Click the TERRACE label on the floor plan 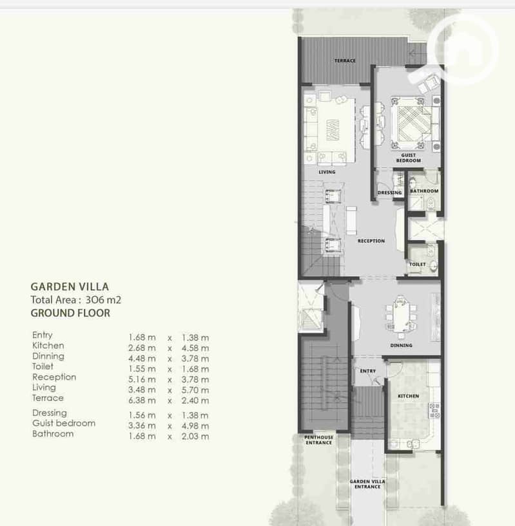345,61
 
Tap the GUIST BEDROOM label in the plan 408,158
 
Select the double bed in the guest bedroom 411,123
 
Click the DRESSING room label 389,193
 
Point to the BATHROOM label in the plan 424,191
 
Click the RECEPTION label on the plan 371,241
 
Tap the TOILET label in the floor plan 417,265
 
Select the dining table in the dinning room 401,316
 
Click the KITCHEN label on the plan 408,396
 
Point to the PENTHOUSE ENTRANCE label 318,440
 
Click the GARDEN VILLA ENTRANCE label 367,484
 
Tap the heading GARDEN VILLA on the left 70,286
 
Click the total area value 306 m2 103,299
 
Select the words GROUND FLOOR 70,313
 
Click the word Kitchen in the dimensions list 48,346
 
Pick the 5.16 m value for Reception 142,379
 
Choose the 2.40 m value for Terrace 195,400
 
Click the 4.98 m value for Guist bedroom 195,426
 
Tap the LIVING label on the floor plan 327,172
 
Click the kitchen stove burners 434,411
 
